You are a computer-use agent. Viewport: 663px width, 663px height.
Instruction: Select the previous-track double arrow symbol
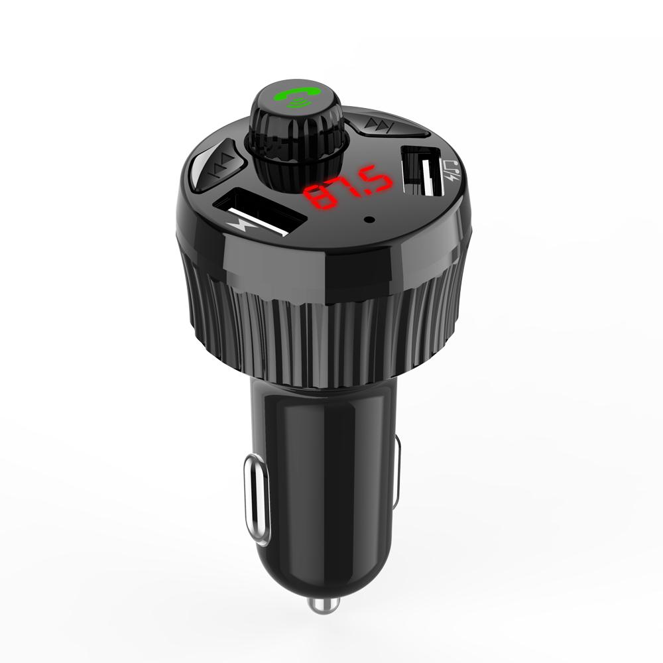click(x=222, y=165)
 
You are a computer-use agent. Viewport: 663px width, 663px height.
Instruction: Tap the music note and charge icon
click(x=452, y=170)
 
